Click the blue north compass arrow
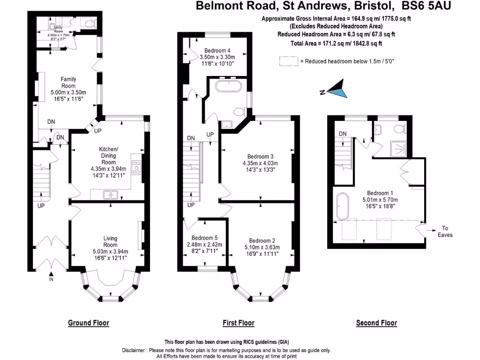coord(337,90)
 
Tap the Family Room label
coord(68,82)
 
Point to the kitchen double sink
coord(111,194)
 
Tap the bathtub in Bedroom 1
coord(341,206)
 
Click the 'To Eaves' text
coord(445,232)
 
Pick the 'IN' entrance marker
coord(51,279)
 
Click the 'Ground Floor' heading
coord(89,323)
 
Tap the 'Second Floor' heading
coord(376,323)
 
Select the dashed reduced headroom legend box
coord(288,61)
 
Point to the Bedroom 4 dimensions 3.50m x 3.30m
coord(217,57)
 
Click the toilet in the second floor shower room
coord(400,129)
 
